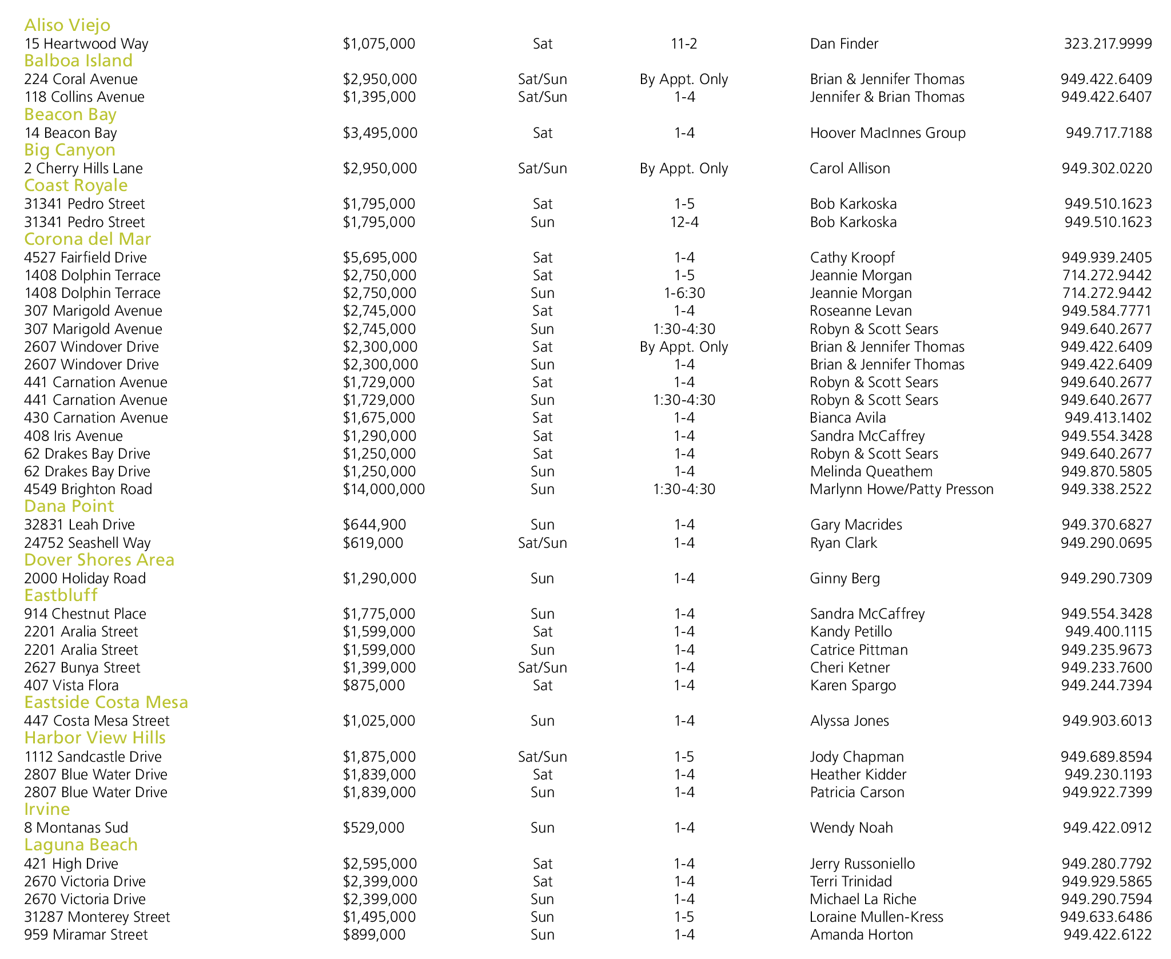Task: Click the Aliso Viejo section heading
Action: point(67,25)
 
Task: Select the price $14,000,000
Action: point(384,490)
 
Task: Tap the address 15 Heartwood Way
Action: point(86,44)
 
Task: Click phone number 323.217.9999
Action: point(1108,44)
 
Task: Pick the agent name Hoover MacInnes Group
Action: point(887,133)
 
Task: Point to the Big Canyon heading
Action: point(70,150)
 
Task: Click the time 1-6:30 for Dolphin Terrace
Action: point(684,293)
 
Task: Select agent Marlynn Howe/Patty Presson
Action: point(901,490)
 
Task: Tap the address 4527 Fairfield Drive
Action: point(85,258)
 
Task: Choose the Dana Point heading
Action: point(69,506)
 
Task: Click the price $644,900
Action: point(375,525)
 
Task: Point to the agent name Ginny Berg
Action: point(845,579)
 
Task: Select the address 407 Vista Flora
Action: point(71,686)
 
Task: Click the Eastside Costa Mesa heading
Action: point(106,702)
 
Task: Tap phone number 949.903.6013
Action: point(1107,721)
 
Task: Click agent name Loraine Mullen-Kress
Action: point(876,917)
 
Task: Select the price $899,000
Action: point(374,935)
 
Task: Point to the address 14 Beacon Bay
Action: point(70,133)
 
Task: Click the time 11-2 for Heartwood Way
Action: point(684,44)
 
